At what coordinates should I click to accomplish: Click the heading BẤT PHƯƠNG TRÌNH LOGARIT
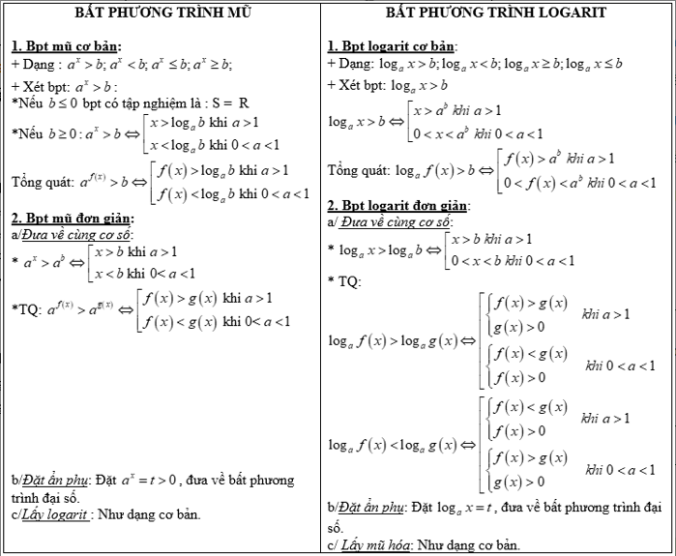click(496, 13)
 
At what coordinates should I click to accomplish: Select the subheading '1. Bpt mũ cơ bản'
click(67, 46)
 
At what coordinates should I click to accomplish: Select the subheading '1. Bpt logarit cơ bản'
click(392, 46)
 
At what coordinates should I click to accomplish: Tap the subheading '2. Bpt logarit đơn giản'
click(398, 206)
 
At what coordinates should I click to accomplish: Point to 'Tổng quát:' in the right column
click(359, 170)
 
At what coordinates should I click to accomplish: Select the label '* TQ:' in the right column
click(344, 281)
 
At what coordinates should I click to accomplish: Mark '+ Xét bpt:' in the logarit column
click(359, 84)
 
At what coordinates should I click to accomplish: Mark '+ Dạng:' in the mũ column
click(34, 64)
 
